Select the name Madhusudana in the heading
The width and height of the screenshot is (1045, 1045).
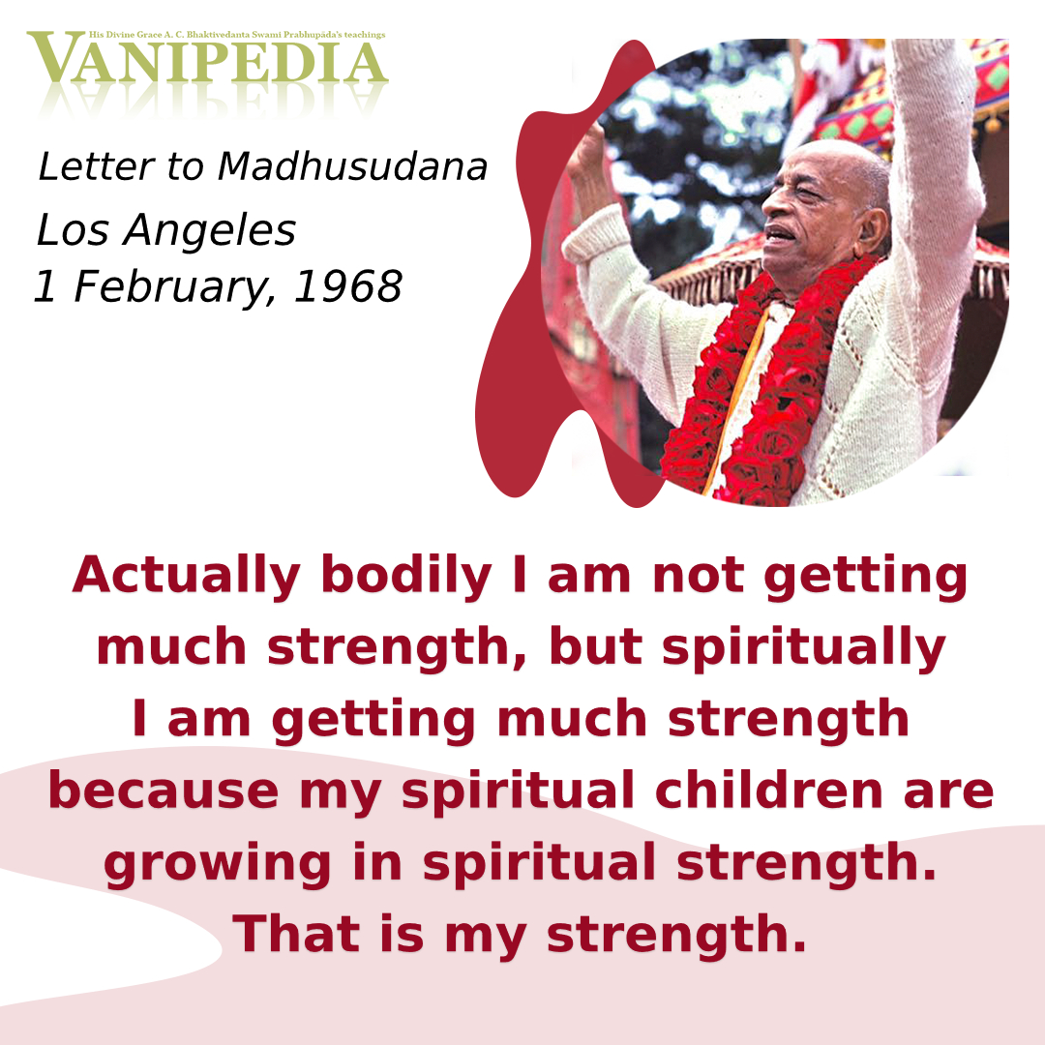click(352, 166)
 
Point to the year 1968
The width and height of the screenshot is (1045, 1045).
click(348, 286)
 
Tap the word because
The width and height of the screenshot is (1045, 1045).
click(164, 791)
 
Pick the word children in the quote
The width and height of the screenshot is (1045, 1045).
click(769, 791)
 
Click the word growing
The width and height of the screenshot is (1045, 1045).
click(218, 865)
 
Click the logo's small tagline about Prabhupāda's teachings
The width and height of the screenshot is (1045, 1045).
click(237, 35)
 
